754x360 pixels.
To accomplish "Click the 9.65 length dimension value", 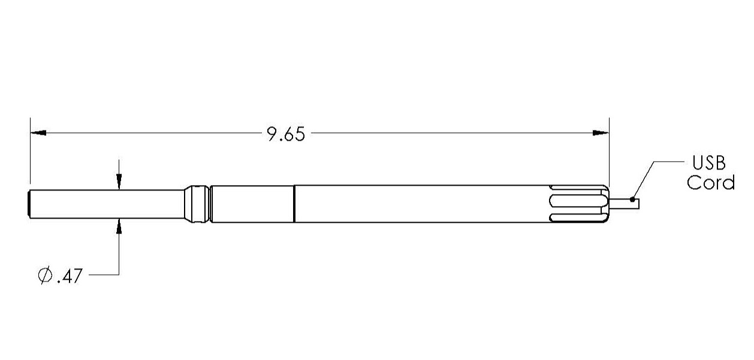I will coord(286,134).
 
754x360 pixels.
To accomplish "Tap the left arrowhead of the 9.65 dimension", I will coord(38,133).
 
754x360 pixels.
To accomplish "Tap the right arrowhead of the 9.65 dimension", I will coord(601,133).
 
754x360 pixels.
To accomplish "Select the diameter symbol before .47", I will coord(44,277).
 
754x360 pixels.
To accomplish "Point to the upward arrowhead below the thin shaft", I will coord(119,226).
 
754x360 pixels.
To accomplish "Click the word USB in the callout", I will coord(709,163).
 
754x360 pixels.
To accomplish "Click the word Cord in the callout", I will coord(711,182).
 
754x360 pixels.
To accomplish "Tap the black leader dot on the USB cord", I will coord(632,199).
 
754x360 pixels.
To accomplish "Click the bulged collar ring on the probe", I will coord(197,204).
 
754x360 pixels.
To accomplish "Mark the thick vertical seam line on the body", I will coord(294,204).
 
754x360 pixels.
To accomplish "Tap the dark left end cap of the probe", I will coord(29,204).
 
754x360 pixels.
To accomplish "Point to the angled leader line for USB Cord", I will coord(643,180).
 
